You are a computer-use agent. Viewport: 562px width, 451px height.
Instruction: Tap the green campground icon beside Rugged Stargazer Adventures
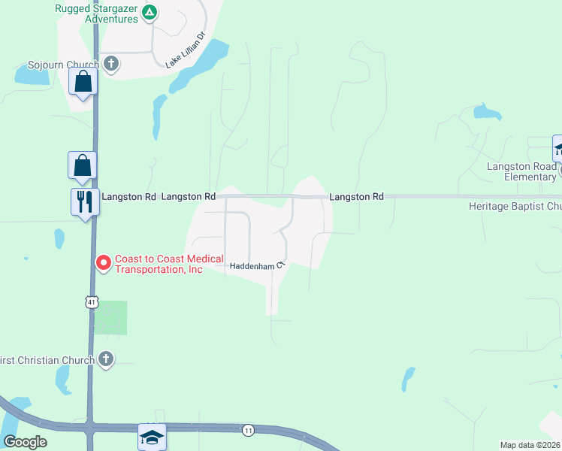[150, 12]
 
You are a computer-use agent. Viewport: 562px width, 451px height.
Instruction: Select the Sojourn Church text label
[63, 65]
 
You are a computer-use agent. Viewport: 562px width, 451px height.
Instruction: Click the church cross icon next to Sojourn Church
[111, 63]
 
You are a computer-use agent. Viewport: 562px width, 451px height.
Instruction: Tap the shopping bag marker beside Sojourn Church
[83, 82]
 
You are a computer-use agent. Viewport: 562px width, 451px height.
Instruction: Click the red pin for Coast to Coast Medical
[102, 262]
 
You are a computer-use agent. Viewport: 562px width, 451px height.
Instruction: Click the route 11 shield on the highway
[247, 430]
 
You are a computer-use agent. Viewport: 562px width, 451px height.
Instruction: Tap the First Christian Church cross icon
[106, 359]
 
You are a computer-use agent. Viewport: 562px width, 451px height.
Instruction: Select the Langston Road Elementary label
[521, 171]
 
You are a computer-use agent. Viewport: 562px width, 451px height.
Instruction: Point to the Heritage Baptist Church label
[515, 206]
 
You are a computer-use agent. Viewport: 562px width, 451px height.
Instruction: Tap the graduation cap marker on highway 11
[151, 436]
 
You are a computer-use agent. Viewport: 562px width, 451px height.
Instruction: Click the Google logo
[25, 442]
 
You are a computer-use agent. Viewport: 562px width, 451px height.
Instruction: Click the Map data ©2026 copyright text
[530, 445]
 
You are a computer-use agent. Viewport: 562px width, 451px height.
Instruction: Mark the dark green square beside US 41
[110, 317]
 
